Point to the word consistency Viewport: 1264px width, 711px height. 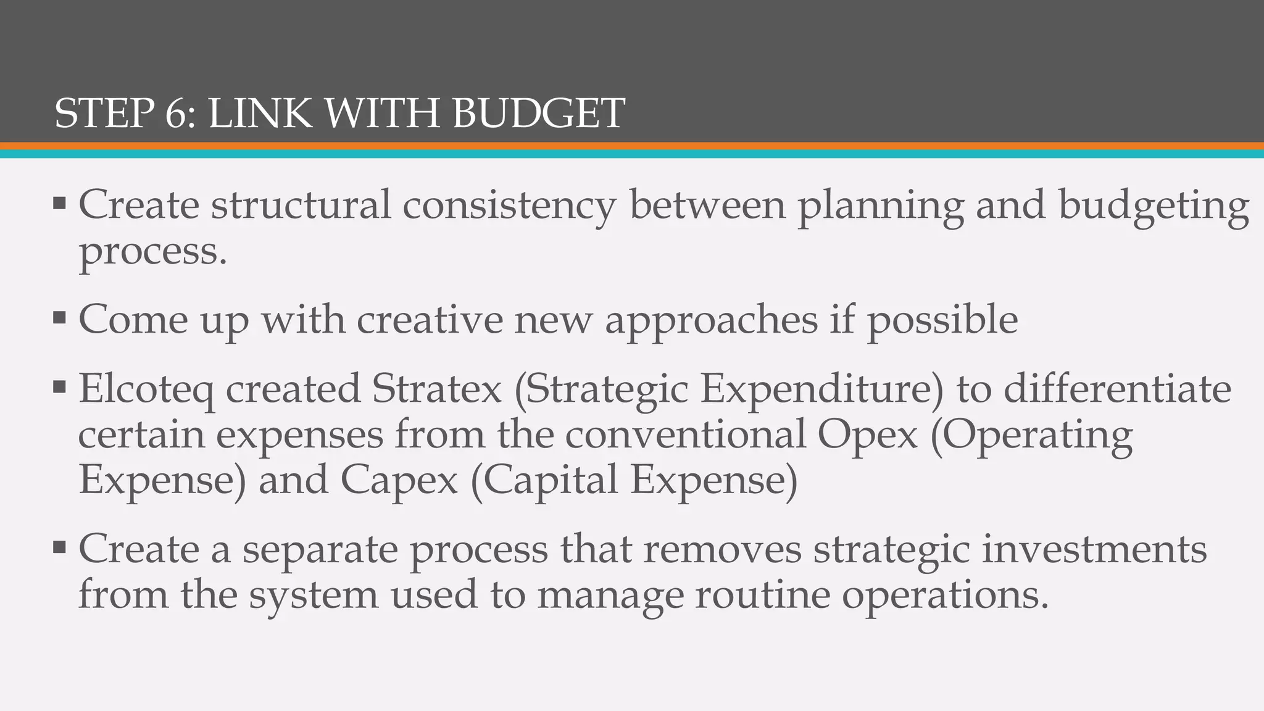click(509, 206)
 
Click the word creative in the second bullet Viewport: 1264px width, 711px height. click(430, 319)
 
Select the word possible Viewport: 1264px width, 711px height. click(942, 320)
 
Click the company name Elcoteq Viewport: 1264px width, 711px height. click(146, 389)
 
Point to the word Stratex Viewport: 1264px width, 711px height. click(436, 388)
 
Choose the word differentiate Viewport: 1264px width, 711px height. click(1117, 388)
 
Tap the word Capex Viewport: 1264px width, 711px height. click(399, 481)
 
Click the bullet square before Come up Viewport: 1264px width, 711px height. click(59, 318)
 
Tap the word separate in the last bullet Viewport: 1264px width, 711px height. click(320, 550)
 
